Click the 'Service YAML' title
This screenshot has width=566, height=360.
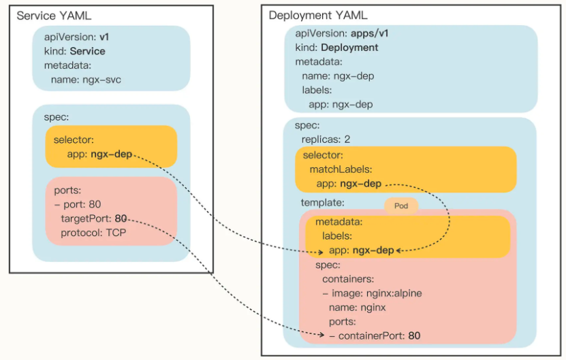(54, 16)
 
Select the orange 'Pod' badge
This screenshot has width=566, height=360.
(401, 205)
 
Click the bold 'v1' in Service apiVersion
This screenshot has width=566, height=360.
(105, 37)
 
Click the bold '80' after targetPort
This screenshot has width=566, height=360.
(121, 218)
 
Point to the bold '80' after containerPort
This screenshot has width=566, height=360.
(414, 336)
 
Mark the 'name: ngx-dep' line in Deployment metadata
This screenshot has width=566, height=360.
(338, 76)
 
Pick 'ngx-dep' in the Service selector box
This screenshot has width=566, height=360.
(111, 154)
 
